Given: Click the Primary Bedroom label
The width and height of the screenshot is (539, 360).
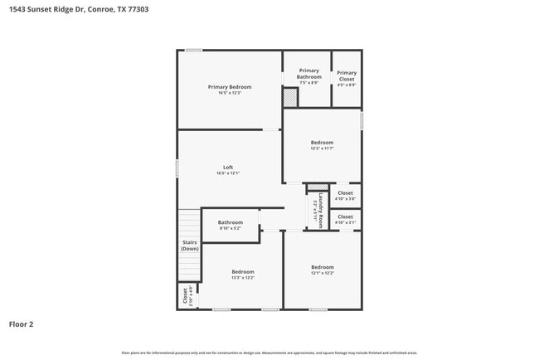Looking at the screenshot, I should (x=230, y=86).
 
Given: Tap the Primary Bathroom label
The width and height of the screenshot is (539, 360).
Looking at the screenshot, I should (x=308, y=74).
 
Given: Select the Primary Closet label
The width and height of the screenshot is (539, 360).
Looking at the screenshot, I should (x=347, y=73).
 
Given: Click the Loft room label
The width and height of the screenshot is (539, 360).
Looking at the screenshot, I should (x=228, y=168).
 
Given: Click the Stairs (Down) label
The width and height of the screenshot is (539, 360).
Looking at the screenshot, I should (x=190, y=246).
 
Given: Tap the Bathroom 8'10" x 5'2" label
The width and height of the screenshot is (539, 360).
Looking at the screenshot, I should (x=231, y=222).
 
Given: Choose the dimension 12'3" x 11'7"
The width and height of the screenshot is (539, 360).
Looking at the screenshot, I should (x=322, y=148).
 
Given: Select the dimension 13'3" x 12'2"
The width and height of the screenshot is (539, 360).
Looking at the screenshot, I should (x=243, y=278).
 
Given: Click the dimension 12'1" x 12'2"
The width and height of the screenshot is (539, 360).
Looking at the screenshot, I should (x=323, y=273).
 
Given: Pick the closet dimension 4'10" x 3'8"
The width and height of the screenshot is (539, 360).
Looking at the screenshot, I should (x=345, y=199).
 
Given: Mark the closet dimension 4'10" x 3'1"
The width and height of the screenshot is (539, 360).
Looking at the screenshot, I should (x=345, y=222).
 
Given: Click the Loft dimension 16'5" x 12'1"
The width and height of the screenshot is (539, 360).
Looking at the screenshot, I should (x=228, y=174).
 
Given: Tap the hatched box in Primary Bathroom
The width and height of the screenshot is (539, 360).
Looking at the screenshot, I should (x=290, y=98).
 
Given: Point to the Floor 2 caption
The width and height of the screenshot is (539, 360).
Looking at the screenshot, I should (x=22, y=324).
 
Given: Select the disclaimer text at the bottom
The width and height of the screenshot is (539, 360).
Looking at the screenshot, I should (x=269, y=353).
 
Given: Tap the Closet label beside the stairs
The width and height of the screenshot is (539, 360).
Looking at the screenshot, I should (x=185, y=296).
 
